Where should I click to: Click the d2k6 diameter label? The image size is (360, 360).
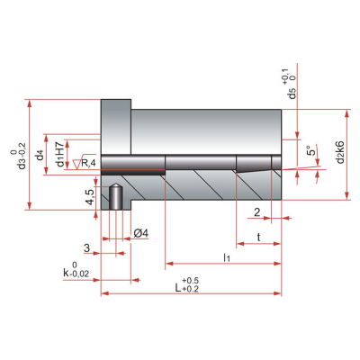pos(340,152)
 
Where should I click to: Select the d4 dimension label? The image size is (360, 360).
pos(40,156)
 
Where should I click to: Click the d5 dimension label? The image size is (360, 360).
pos(292,94)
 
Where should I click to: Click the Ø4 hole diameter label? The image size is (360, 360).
pos(141,233)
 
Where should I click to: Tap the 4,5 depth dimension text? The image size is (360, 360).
pos(90,197)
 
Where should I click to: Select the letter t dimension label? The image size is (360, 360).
pos(258,238)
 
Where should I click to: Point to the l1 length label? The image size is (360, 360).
pos(227,257)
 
